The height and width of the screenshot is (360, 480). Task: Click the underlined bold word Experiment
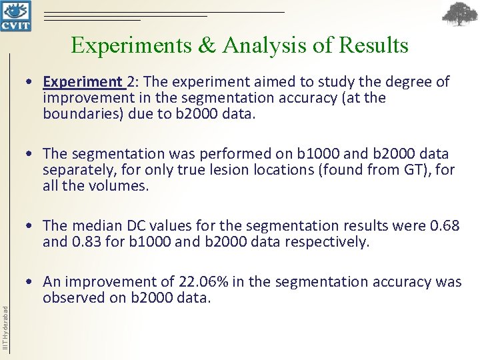coord(83,82)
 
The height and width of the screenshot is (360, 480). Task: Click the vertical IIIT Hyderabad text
coord(6,327)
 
